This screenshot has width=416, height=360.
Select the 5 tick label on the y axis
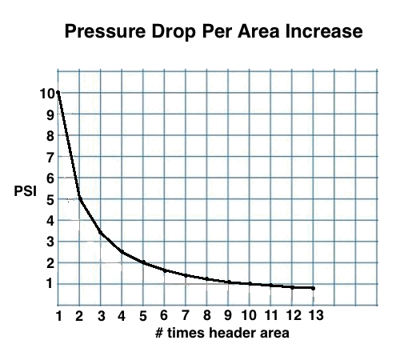click(48, 199)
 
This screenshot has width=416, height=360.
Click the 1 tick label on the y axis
click(48, 283)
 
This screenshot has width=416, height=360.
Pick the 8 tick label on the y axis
click(48, 136)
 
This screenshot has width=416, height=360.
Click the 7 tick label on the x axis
click(186, 316)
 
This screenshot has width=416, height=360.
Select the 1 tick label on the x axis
click(58, 316)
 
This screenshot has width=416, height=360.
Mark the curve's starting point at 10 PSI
click(58, 93)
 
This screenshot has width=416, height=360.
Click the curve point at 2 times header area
click(79, 198)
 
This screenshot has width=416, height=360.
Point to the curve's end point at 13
click(312, 288)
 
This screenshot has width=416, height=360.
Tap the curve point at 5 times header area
click(143, 262)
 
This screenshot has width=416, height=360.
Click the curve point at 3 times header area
click(101, 234)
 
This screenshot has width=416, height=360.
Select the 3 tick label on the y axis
click(48, 242)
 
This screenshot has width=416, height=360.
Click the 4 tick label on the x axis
click(122, 316)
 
